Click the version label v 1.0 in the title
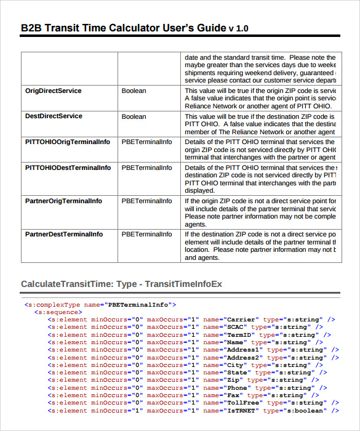(x=239, y=29)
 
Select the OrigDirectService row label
(x=53, y=91)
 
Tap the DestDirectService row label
(x=54, y=116)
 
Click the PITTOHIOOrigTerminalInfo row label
(x=68, y=142)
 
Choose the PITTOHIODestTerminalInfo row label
(x=68, y=167)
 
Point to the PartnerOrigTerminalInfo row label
(x=63, y=201)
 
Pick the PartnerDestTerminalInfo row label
(x=64, y=234)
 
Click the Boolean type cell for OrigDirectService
(x=134, y=91)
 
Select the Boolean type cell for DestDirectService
(x=134, y=116)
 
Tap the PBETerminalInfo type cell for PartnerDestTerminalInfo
(x=146, y=234)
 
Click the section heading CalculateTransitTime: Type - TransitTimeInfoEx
(x=121, y=284)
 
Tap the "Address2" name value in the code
(x=245, y=357)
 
